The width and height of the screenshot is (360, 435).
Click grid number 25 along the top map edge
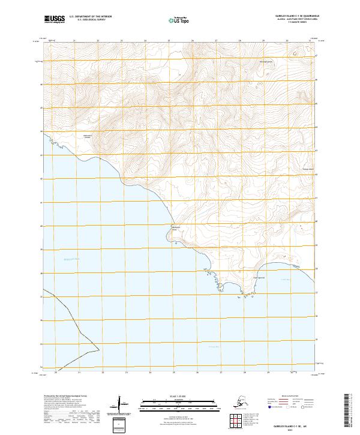[169, 41]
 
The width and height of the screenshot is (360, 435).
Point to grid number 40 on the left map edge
[41, 226]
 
